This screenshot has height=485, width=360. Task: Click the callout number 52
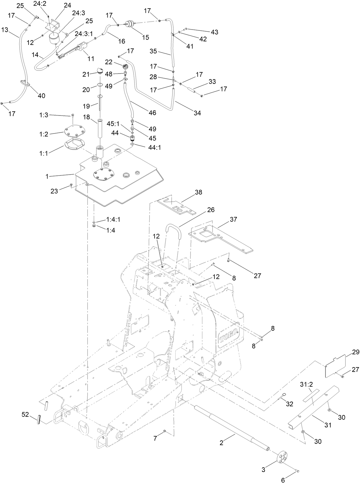[25, 414]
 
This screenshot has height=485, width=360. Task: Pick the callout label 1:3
[43, 115]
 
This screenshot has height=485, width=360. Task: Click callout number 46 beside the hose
[152, 113]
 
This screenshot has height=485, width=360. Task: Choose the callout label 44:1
[155, 147]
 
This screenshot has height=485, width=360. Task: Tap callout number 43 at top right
[215, 32]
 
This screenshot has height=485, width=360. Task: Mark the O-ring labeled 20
[100, 86]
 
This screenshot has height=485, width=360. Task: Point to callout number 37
[234, 219]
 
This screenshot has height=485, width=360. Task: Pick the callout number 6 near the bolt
[283, 480]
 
